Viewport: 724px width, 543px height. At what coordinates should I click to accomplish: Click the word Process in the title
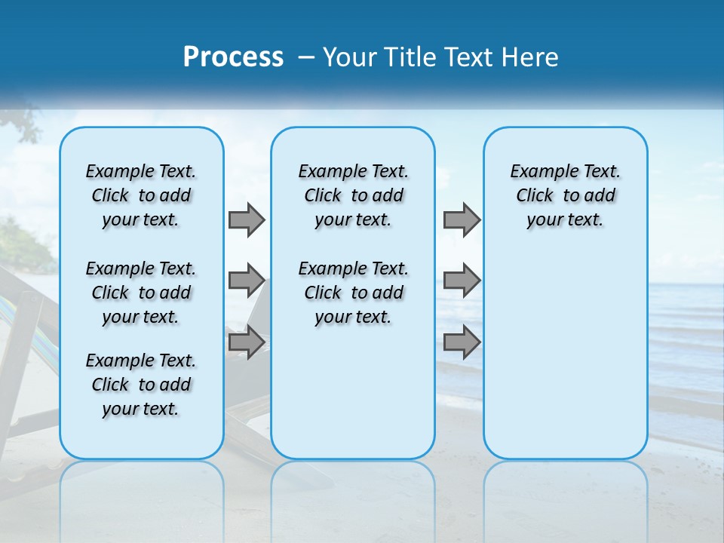pyautogui.click(x=233, y=57)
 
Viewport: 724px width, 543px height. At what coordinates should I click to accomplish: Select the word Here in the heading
pyautogui.click(x=529, y=57)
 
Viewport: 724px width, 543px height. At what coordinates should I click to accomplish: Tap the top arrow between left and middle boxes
pyautogui.click(x=246, y=219)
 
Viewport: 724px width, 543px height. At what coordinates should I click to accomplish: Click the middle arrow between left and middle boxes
pyautogui.click(x=246, y=281)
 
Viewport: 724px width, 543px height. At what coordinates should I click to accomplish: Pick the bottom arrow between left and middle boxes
pyautogui.click(x=246, y=342)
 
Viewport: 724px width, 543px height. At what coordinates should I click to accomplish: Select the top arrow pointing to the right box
pyautogui.click(x=461, y=219)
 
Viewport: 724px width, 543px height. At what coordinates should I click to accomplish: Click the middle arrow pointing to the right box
pyautogui.click(x=461, y=281)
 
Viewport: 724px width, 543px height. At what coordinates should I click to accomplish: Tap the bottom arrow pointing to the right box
pyautogui.click(x=461, y=342)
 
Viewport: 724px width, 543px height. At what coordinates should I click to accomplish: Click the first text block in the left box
pyautogui.click(x=141, y=195)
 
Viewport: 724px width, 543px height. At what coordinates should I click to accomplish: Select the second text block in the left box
pyautogui.click(x=141, y=293)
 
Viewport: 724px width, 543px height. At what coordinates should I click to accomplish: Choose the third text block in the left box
pyautogui.click(x=141, y=385)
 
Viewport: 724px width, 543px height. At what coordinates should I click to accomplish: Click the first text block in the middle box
pyautogui.click(x=353, y=195)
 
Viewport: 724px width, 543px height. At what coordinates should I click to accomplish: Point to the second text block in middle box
pyautogui.click(x=353, y=293)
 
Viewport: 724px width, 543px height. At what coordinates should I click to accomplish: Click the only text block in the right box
pyautogui.click(x=565, y=195)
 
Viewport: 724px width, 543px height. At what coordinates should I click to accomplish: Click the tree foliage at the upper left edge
pyautogui.click(x=23, y=124)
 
